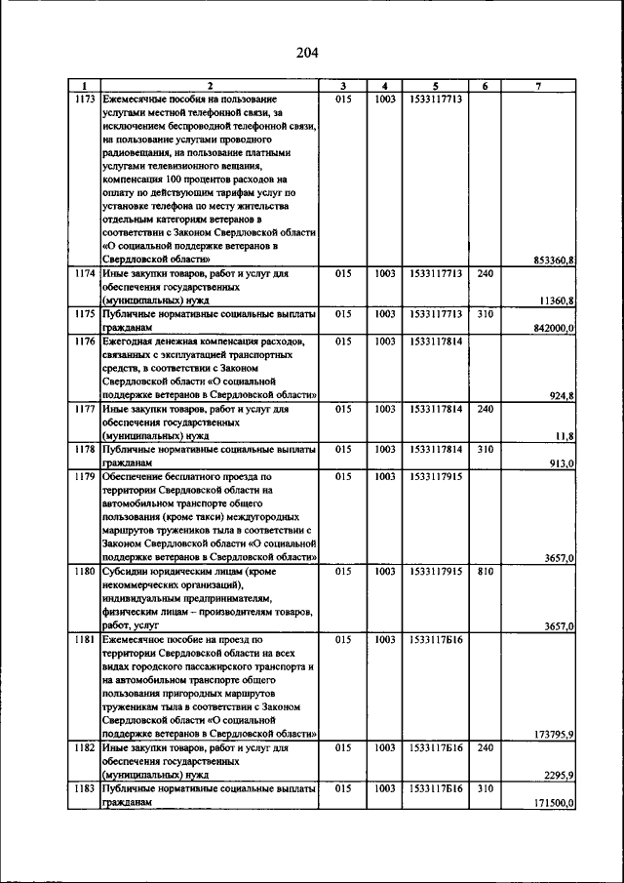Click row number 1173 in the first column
(x=85, y=100)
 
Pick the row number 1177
(x=85, y=410)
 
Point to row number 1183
(x=85, y=787)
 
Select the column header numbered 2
(x=210, y=86)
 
